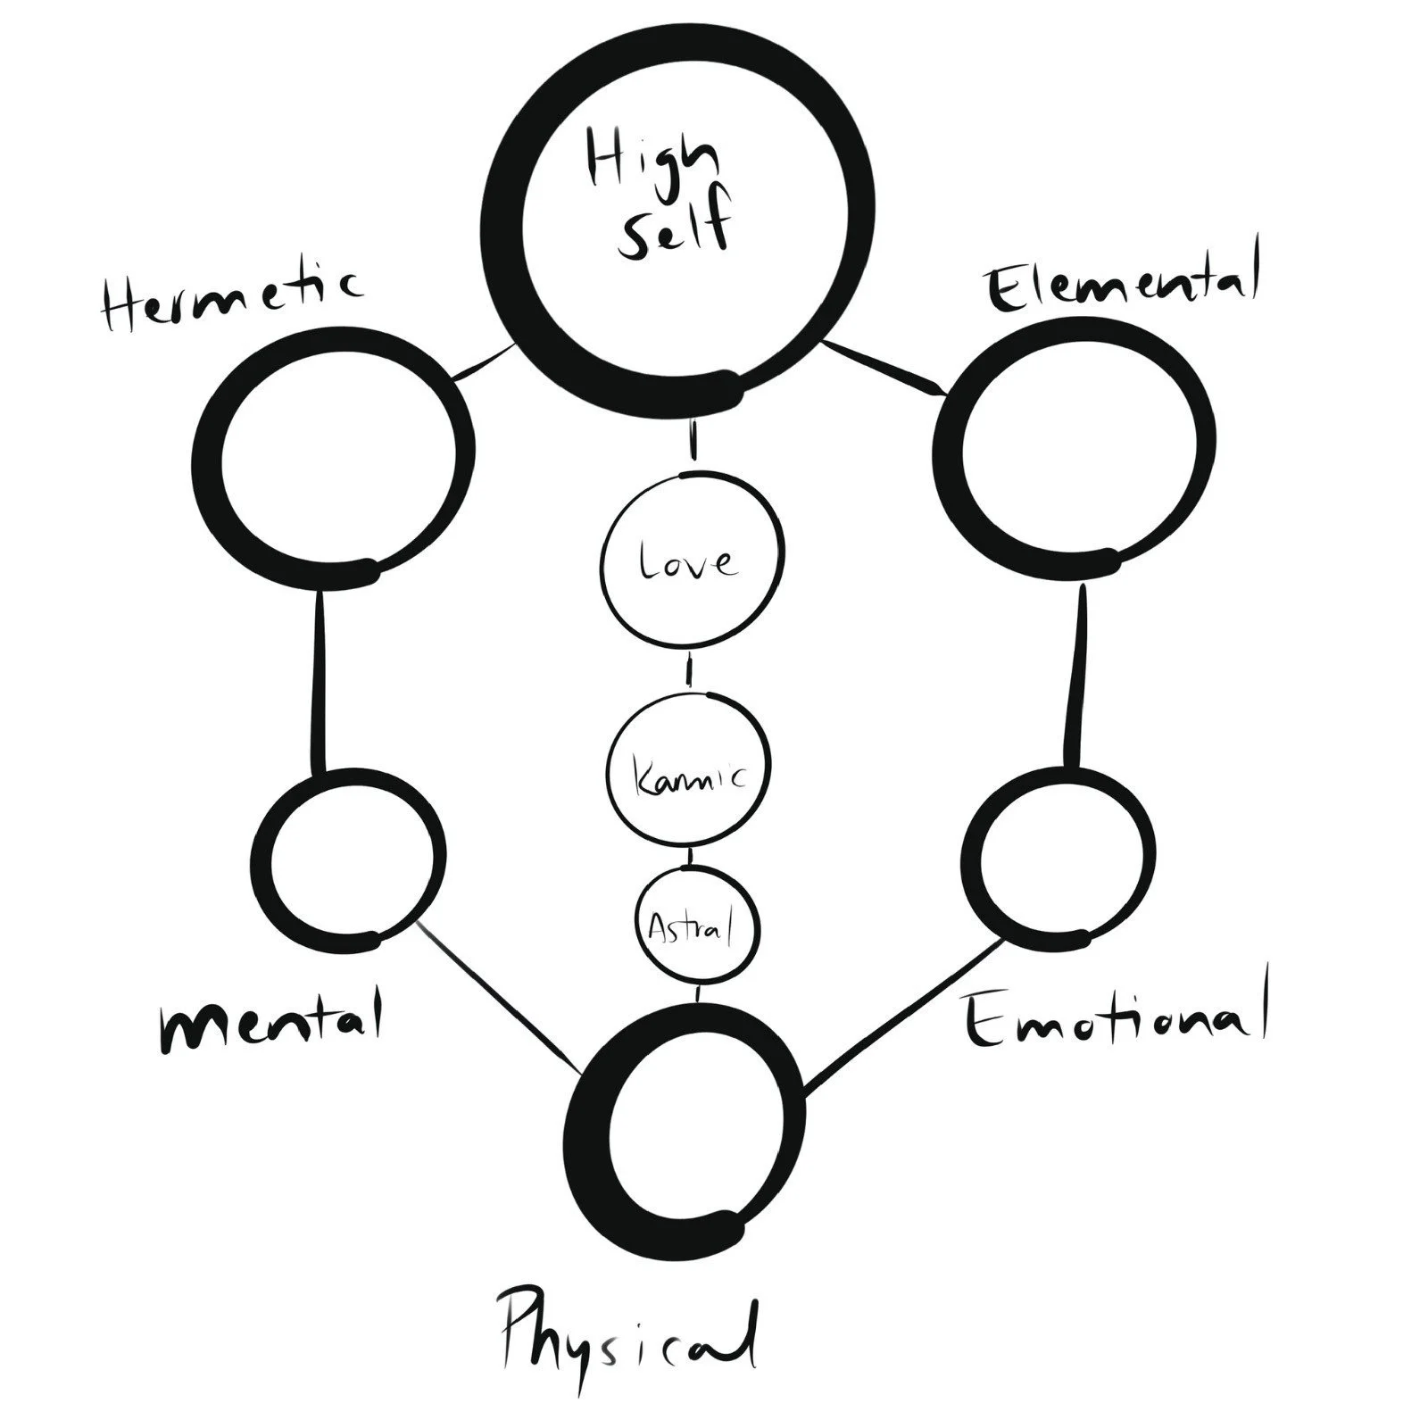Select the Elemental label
[1122, 284]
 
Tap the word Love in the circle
[688, 562]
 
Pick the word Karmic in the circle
[688, 775]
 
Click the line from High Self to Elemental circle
[884, 366]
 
